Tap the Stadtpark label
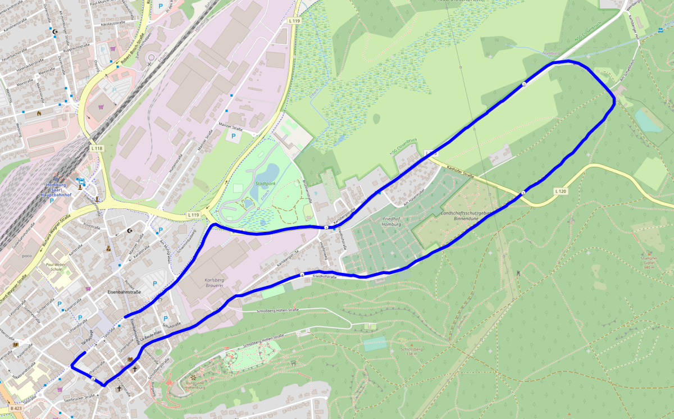265,183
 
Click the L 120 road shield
560,192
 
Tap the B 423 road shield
16,408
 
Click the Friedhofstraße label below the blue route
325,277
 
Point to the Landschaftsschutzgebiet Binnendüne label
467,217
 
